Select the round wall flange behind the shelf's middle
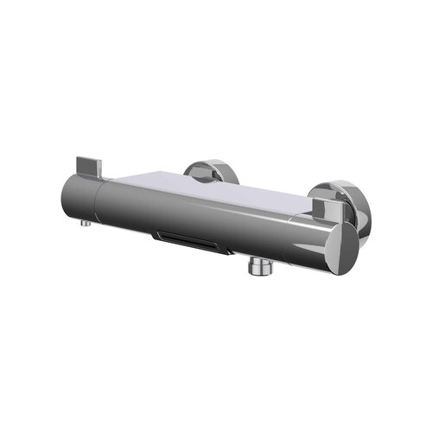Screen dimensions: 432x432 [208, 170]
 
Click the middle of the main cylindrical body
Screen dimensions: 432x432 [199, 216]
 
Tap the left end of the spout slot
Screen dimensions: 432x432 [156, 234]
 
